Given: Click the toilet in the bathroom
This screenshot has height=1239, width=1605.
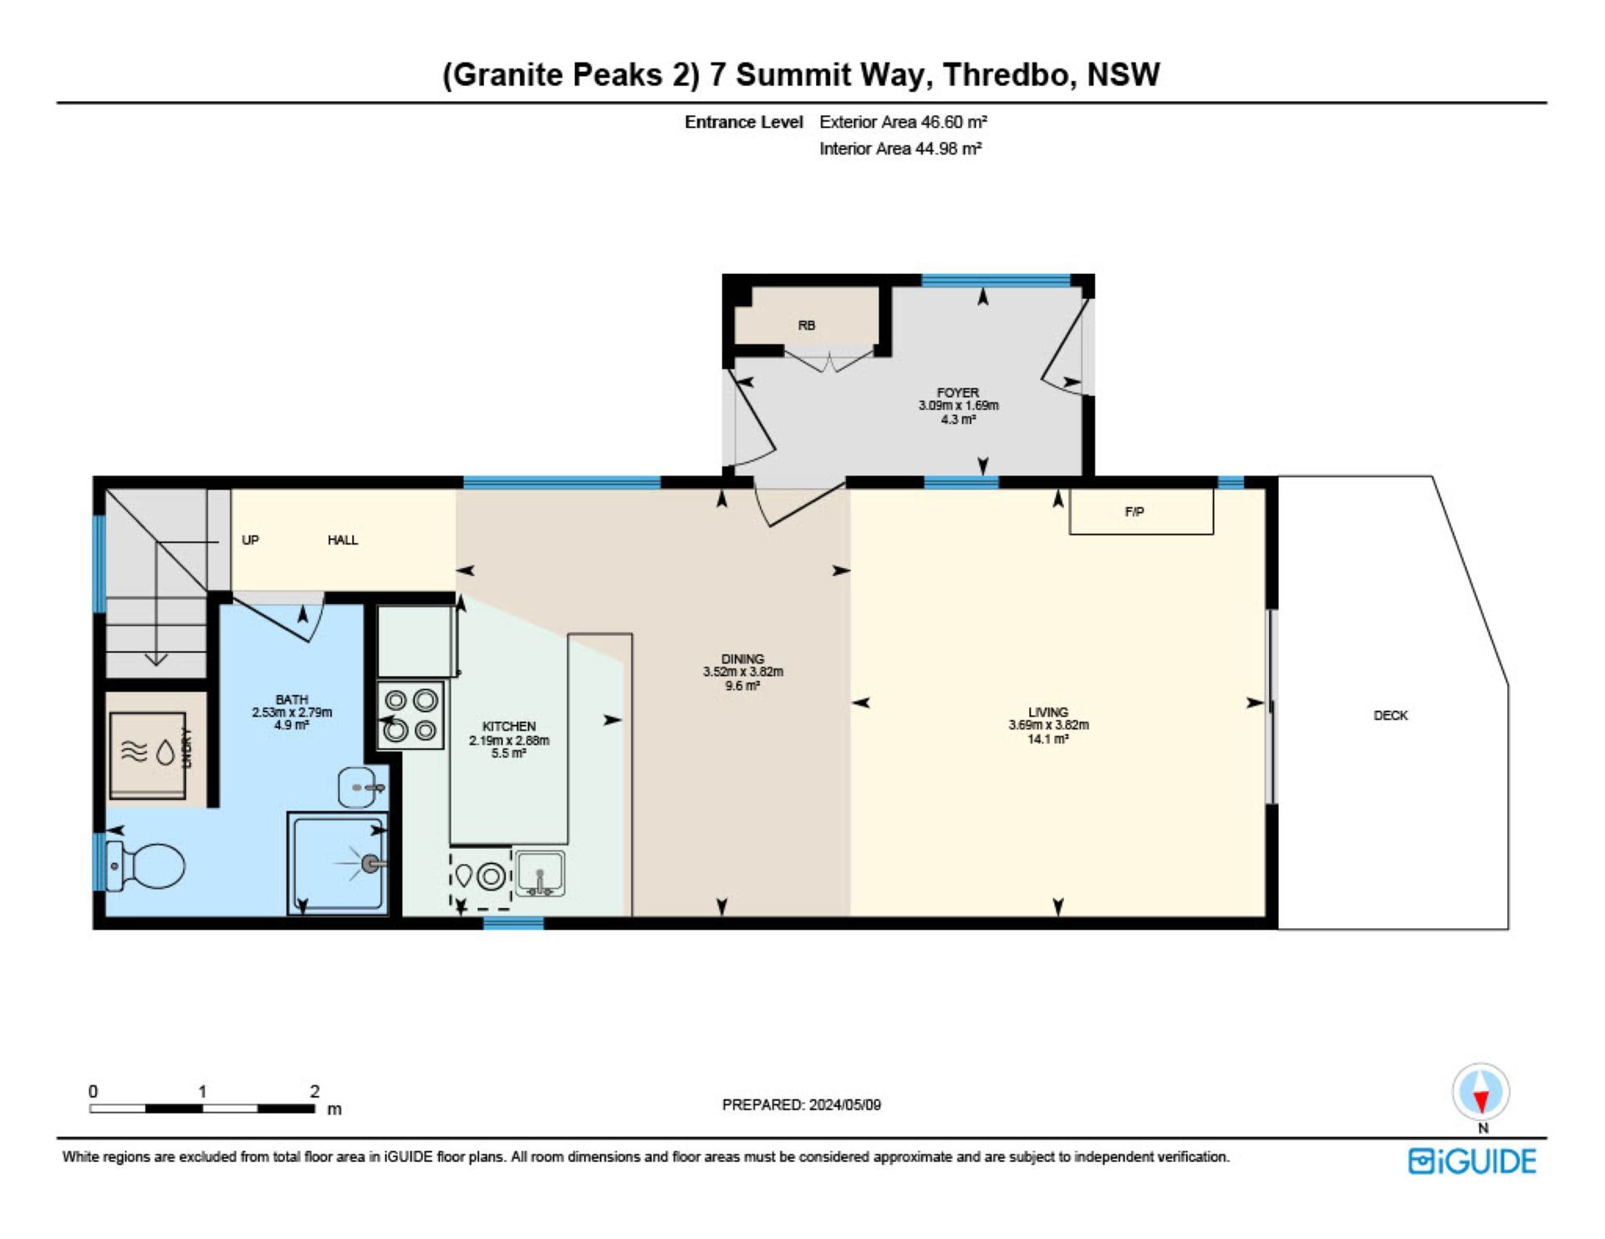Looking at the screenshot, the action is pos(145,865).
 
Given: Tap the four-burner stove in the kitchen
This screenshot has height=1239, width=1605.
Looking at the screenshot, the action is pos(410,715).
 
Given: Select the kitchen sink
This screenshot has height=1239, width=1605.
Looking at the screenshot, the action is pos(539,874).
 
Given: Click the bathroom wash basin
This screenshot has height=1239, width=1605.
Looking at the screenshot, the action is pos(359,787).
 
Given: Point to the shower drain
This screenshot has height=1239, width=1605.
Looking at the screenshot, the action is pos(370,863).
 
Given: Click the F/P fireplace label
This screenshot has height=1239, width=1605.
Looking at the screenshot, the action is pos(1134,511).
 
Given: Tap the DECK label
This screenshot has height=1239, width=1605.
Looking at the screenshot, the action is pos(1390,715).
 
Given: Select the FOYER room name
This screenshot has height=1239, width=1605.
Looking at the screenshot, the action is pos(958,392).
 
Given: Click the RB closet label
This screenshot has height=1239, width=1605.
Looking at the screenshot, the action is pos(806,325).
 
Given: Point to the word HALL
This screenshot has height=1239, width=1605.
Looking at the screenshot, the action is pos(343,540).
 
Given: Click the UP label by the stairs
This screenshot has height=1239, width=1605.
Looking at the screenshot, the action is pos(250,540).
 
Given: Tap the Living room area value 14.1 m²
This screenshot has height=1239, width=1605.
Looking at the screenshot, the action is pos(1048,739).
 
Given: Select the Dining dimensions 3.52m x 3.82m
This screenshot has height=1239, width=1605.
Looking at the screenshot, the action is pos(742,672).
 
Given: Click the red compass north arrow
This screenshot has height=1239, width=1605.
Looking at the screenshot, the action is pos(1480,1102).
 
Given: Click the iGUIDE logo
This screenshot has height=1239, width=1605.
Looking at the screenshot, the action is pos(1472,1161).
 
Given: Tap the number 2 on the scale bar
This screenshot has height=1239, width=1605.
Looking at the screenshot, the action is pos(314,1091).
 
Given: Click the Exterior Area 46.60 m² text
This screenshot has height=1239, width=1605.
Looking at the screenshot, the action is pos(903,122).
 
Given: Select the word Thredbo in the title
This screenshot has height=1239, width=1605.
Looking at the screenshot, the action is pos(1006,74).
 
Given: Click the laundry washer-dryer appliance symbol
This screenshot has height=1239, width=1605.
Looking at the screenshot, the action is pos(148,754).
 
